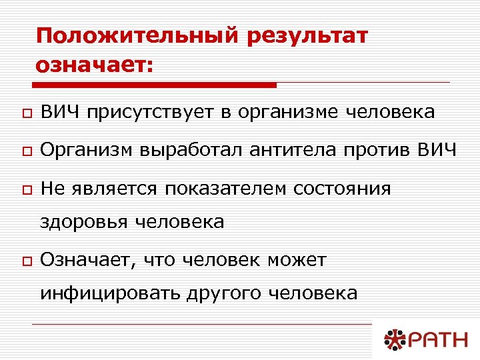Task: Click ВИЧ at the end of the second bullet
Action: [x=438, y=151]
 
